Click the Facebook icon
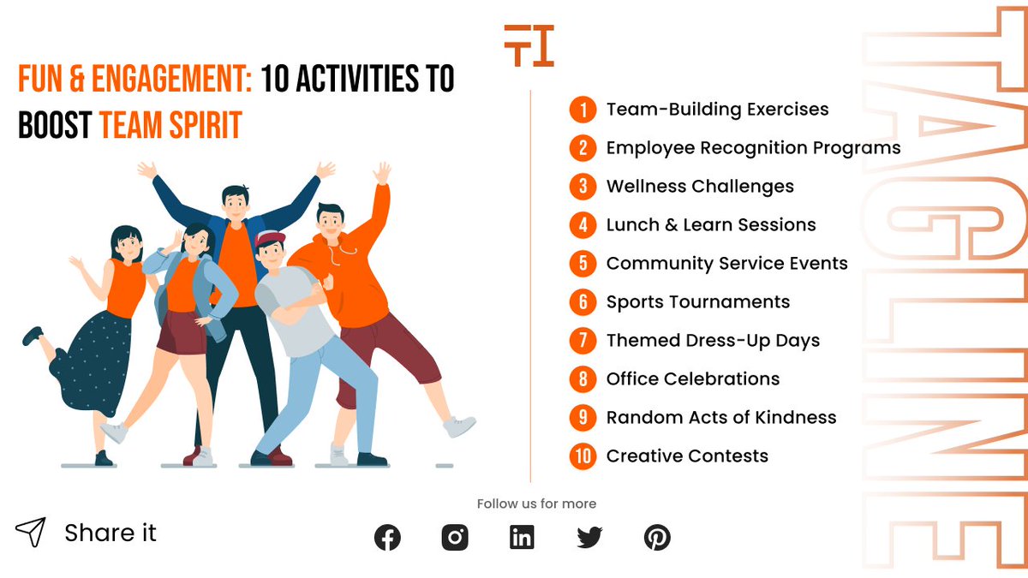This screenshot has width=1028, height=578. pyautogui.click(x=387, y=538)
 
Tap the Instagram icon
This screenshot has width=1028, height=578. pyautogui.click(x=455, y=538)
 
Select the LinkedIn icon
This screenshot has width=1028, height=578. pyautogui.click(x=522, y=538)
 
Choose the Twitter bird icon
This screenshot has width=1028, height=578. pyautogui.click(x=589, y=538)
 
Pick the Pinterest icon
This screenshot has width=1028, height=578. pyautogui.click(x=657, y=538)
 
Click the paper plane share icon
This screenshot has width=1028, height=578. pyautogui.click(x=30, y=533)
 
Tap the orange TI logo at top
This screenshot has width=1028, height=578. pyautogui.click(x=529, y=45)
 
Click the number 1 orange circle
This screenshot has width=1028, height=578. pyautogui.click(x=583, y=110)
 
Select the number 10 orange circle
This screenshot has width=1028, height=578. pyautogui.click(x=583, y=456)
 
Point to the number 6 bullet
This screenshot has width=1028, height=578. pyautogui.click(x=583, y=302)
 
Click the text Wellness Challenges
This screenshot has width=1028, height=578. pyautogui.click(x=699, y=187)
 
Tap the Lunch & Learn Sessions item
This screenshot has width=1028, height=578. pyautogui.click(x=710, y=225)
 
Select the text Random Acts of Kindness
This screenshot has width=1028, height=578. pyautogui.click(x=720, y=418)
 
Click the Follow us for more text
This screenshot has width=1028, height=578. pyautogui.click(x=536, y=504)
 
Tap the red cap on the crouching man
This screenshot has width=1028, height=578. pyautogui.click(x=271, y=239)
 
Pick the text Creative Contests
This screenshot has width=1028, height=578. pyautogui.click(x=686, y=456)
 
